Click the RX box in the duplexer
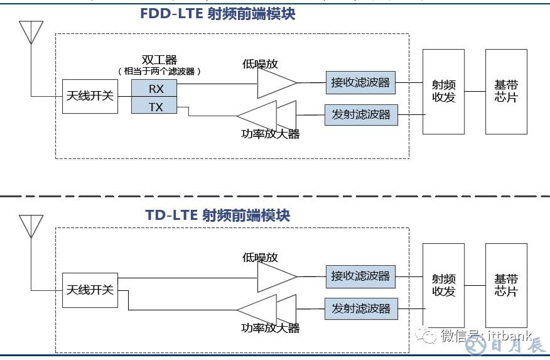click(x=154, y=89)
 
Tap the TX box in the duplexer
click(x=154, y=106)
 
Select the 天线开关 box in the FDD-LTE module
click(x=90, y=96)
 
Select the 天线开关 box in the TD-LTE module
click(x=90, y=290)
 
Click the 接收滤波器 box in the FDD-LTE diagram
click(x=360, y=82)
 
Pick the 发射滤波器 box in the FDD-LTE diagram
click(x=360, y=115)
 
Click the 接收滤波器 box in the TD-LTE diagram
click(x=360, y=276)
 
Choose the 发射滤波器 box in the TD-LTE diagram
click(x=360, y=308)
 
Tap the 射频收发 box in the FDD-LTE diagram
click(x=443, y=92)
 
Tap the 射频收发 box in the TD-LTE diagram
click(x=443, y=285)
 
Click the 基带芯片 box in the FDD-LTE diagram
click(x=506, y=92)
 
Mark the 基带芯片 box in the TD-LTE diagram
click(x=506, y=285)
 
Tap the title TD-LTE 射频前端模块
click(x=218, y=215)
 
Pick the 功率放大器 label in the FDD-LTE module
click(x=271, y=134)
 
